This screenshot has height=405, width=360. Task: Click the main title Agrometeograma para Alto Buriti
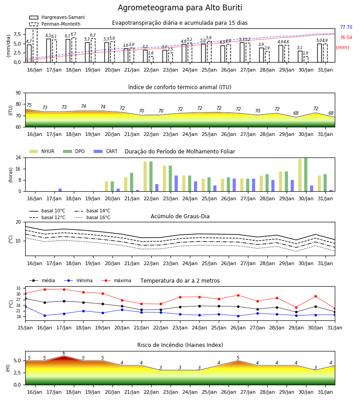click(x=180, y=8)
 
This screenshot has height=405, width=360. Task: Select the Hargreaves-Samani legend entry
click(x=57, y=17)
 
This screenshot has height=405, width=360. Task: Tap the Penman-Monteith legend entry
click(x=55, y=24)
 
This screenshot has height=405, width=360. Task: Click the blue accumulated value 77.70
click(x=346, y=27)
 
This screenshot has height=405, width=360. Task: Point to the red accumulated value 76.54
click(x=346, y=37)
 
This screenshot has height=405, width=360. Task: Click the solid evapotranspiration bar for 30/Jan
click(x=300, y=57)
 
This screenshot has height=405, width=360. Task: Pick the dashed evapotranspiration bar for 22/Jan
click(x=151, y=59)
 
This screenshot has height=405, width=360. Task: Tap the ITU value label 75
click(x=29, y=105)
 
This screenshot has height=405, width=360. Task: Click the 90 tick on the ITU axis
click(x=18, y=93)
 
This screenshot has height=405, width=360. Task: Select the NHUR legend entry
click(x=42, y=151)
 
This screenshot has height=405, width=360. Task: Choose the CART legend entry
click(x=106, y=151)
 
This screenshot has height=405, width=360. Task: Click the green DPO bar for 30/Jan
click(x=306, y=175)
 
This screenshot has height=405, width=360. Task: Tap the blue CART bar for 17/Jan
click(x=60, y=190)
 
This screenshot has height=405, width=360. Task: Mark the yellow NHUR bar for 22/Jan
click(x=145, y=176)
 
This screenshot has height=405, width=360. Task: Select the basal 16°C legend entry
click(x=92, y=217)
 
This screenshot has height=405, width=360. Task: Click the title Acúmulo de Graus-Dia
click(x=180, y=216)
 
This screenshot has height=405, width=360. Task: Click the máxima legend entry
click(x=116, y=280)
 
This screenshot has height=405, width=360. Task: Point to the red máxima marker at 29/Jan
click(x=296, y=308)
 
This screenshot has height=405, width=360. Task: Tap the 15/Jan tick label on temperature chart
click(x=25, y=328)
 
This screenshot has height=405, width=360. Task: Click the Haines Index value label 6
click(x=64, y=353)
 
